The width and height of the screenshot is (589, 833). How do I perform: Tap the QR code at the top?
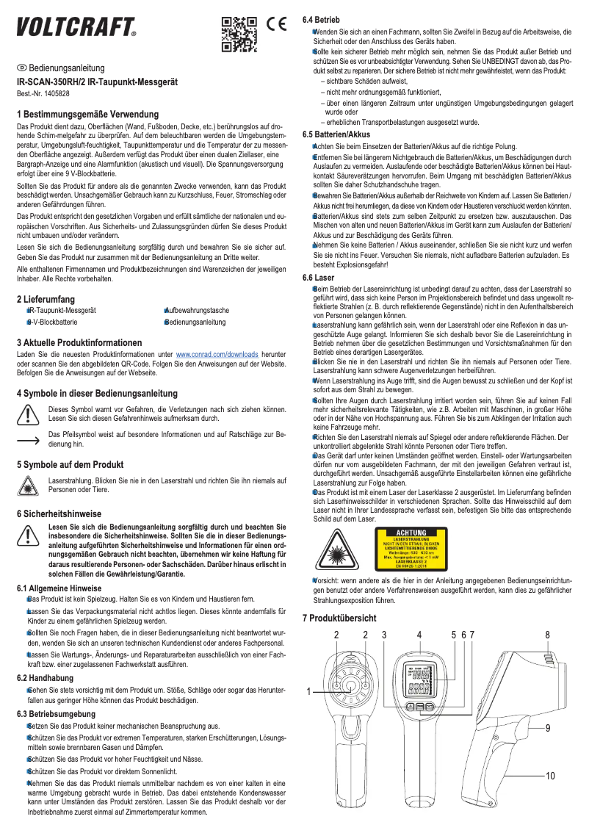pos(239,33)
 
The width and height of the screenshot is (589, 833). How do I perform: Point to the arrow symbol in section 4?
pos(27,440)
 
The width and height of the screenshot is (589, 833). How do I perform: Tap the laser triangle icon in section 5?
pos(27,484)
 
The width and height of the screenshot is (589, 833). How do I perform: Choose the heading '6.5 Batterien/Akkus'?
pos(336,135)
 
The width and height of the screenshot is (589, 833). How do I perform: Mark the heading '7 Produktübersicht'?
pos(339,619)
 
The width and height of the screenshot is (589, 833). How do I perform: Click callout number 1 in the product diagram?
pos(309,690)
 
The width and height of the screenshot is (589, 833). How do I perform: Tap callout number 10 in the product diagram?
pos(550,775)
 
